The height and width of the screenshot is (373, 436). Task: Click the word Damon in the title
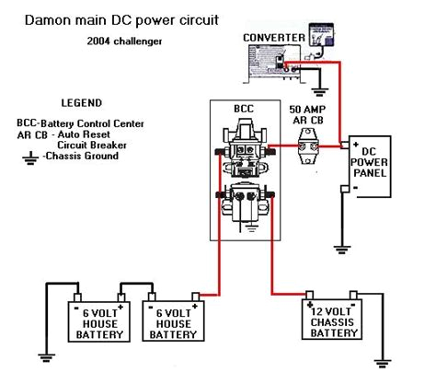click(x=49, y=18)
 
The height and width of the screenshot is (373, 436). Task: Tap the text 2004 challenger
click(x=126, y=41)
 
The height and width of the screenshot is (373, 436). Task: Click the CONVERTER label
click(x=272, y=38)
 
